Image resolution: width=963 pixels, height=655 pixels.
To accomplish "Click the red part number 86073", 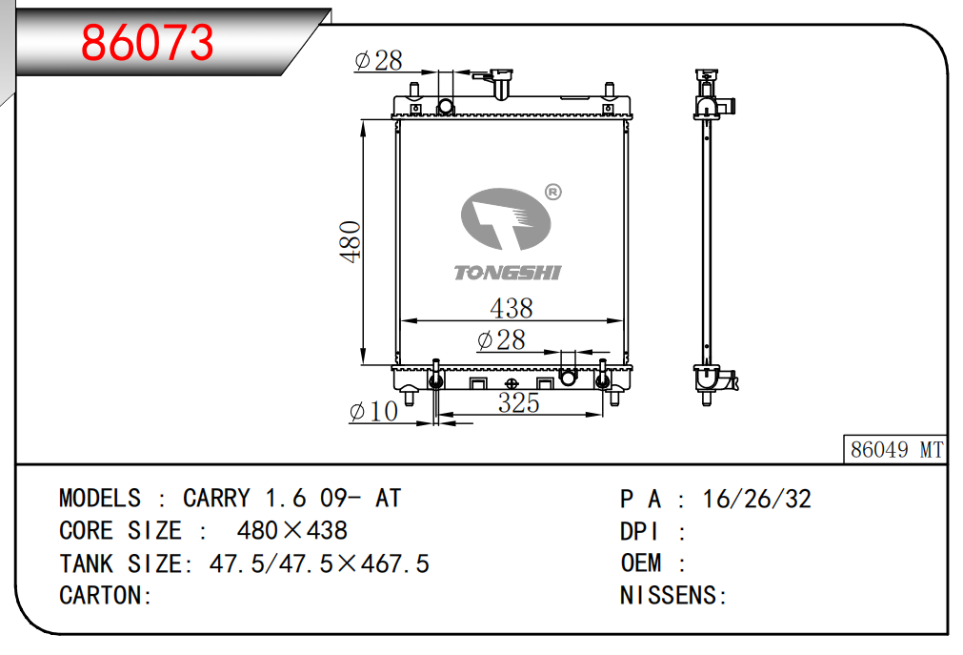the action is click(x=148, y=42).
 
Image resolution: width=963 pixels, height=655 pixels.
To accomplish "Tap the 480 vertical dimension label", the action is click(x=351, y=242).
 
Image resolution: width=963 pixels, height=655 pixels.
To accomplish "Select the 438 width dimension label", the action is click(x=512, y=308).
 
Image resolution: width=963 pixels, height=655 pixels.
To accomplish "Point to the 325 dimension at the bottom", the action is click(x=519, y=403).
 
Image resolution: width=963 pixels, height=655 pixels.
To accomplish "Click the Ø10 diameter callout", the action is click(x=373, y=412).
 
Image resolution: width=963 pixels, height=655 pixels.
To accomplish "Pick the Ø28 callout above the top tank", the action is click(x=379, y=60).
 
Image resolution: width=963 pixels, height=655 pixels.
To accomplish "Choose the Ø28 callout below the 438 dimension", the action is click(x=501, y=340).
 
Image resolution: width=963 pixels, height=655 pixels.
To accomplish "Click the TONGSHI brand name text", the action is click(x=508, y=273).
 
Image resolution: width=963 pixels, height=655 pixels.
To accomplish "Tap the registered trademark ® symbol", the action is click(x=552, y=192).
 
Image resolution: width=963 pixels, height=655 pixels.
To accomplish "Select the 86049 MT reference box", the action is click(x=895, y=450).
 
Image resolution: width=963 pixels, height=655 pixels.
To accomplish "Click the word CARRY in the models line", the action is click(x=216, y=499).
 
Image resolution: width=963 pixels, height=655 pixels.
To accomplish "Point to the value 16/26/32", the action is click(x=756, y=499).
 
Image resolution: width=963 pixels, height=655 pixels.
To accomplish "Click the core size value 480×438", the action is click(x=292, y=530).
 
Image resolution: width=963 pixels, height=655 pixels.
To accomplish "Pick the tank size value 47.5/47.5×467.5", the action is click(x=319, y=563).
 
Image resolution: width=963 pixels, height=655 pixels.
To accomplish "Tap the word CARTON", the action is click(x=101, y=595).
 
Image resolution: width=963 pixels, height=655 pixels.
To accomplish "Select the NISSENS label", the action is click(x=669, y=595).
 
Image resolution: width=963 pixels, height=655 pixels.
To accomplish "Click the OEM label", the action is click(x=641, y=563).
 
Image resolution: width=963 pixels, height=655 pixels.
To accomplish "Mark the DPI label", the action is click(x=639, y=531).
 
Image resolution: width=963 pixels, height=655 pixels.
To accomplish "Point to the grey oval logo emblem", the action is click(x=506, y=219).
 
